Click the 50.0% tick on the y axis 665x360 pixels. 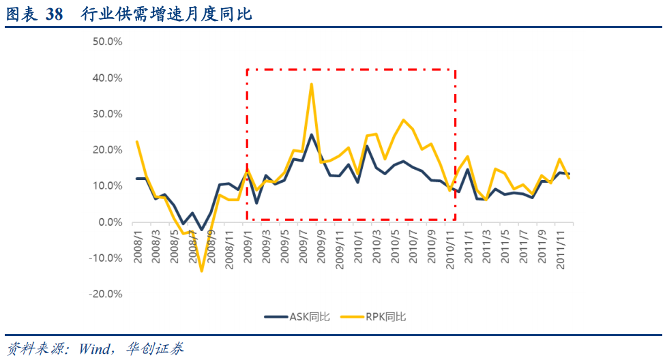coord(106,42)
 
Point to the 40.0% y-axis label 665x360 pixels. coord(106,78)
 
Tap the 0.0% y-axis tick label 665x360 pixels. coord(109,222)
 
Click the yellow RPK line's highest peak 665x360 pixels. coord(311,84)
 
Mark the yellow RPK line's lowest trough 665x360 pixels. coord(201,271)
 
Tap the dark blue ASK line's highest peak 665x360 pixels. coord(311,134)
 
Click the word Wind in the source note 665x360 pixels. coord(93,348)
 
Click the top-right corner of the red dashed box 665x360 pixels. coord(455,70)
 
